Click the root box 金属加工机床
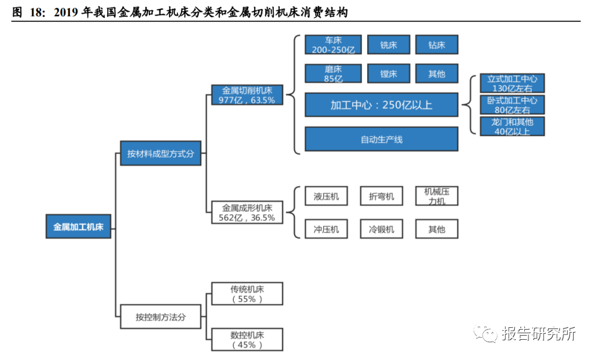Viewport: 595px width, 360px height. (78, 227)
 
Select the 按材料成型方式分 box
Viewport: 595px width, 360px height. (161, 154)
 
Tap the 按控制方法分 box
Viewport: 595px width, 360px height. (161, 317)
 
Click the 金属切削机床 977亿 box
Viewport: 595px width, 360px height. (247, 95)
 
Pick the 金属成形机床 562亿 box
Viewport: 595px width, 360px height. (247, 212)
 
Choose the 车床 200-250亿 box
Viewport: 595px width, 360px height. (333, 45)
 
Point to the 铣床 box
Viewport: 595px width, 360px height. (389, 45)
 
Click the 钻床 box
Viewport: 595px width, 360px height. (437, 45)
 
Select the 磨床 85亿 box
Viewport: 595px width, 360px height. (333, 74)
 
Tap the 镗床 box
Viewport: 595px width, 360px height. (389, 74)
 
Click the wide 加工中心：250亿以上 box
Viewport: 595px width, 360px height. (381, 105)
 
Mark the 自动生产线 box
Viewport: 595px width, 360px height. (381, 139)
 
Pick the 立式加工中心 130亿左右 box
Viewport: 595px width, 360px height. (512, 83)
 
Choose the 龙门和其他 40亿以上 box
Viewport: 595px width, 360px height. (512, 126)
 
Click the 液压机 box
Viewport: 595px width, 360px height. (326, 196)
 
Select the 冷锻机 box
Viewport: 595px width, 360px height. (381, 229)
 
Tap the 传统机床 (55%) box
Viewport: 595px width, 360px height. (247, 293)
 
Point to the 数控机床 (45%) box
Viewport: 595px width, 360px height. (247, 340)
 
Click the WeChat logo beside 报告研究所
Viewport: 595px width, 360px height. (485, 333)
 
